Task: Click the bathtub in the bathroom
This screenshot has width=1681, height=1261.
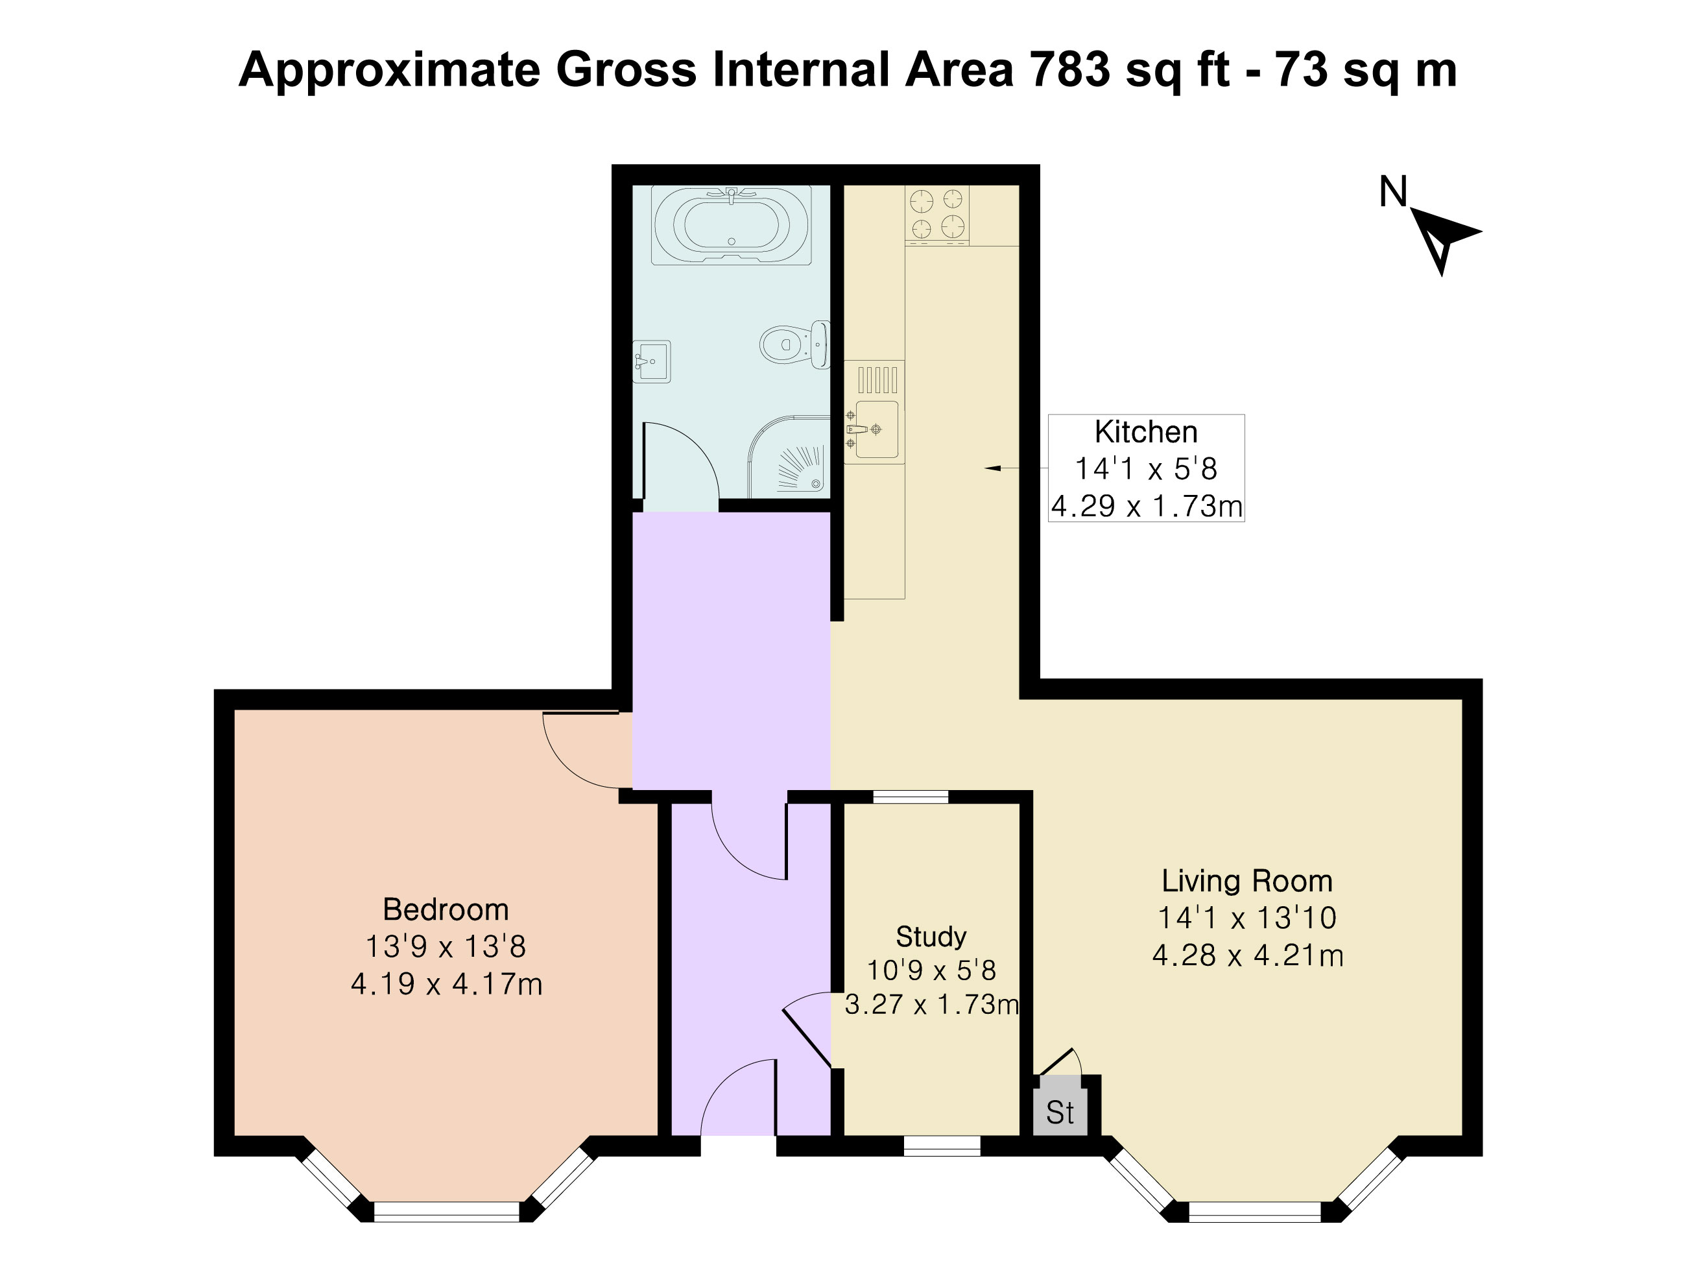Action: (731, 225)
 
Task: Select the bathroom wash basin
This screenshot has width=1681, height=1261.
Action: (651, 362)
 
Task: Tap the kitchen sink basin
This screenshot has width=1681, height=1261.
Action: (876, 429)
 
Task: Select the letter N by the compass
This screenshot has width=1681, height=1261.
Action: (1393, 191)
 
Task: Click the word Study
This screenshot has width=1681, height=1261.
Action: (931, 937)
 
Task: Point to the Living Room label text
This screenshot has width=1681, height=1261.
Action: (1247, 881)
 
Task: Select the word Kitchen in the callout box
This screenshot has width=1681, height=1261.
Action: (1146, 432)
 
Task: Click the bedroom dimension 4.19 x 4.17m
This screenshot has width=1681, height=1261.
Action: (447, 984)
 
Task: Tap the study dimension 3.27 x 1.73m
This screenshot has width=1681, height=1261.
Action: (932, 1005)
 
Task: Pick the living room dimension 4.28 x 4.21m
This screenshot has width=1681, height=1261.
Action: (1248, 955)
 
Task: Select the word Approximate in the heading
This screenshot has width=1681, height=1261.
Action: (390, 71)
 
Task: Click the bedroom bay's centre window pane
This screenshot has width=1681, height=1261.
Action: (447, 1212)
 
